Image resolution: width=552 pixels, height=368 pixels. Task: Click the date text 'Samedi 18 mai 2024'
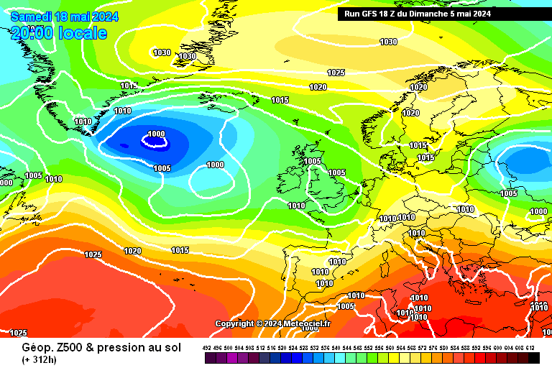tap(64, 17)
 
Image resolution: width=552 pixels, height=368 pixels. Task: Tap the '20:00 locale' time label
tap(59, 33)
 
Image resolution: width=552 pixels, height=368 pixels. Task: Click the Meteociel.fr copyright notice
tap(272, 324)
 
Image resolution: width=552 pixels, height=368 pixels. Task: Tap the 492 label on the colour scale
tap(207, 348)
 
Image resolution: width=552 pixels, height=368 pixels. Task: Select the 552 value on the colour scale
tap(369, 348)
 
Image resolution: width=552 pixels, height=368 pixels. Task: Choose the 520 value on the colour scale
tap(282, 348)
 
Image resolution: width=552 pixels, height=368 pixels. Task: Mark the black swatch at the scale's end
tap(533, 357)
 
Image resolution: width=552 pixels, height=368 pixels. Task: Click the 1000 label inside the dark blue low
tap(155, 134)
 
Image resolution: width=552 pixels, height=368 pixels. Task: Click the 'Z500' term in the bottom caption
tap(63, 347)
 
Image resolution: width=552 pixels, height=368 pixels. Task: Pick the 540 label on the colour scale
tap(336, 348)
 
